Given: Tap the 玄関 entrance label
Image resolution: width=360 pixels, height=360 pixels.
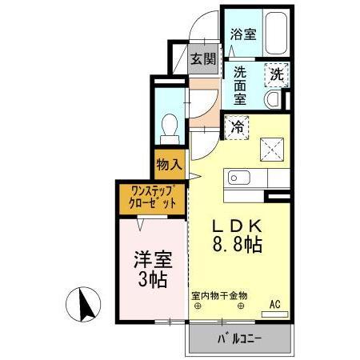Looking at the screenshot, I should coord(203,58).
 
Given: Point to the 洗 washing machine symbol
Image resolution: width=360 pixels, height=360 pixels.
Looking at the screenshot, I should coord(276,74).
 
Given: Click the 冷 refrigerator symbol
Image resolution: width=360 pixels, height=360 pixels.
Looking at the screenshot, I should coord(238,125).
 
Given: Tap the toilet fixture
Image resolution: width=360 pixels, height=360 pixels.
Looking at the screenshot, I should coord(169,126).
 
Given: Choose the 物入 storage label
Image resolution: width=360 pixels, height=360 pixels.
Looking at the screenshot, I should coord(170,166).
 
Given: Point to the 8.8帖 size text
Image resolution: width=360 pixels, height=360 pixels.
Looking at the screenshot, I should coord(234,244).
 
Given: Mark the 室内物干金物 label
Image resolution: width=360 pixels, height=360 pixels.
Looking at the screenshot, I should coord(219,295).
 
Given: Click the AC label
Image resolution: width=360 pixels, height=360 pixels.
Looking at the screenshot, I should coord(275,303).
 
